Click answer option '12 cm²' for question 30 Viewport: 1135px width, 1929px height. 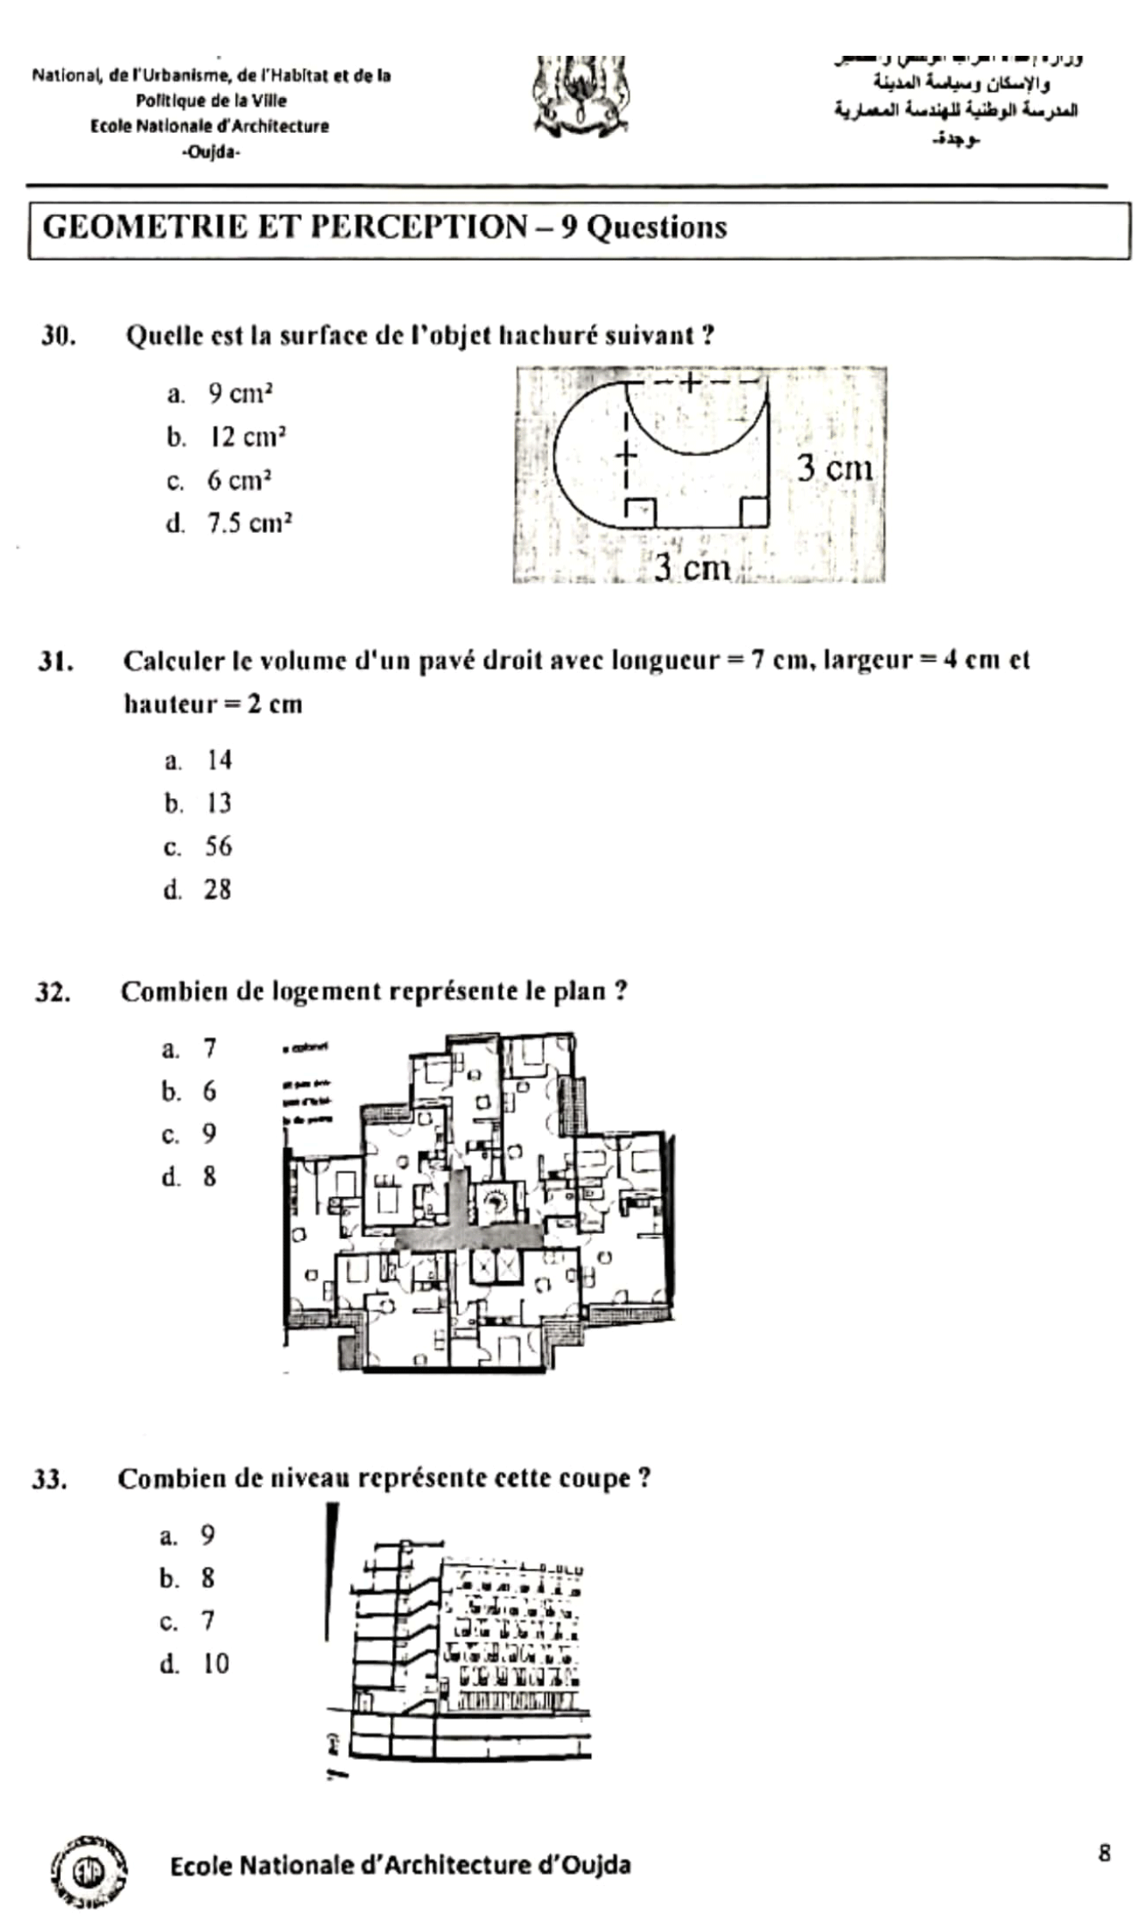click(247, 437)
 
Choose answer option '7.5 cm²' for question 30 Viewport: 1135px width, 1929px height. click(249, 523)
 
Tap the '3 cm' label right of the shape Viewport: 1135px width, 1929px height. click(835, 469)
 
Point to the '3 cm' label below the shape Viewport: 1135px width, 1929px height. click(691, 567)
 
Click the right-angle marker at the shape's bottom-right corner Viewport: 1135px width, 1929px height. click(753, 511)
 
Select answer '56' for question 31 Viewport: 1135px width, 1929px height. click(218, 847)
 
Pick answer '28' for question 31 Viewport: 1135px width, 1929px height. click(217, 890)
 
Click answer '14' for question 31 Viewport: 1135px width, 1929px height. click(219, 760)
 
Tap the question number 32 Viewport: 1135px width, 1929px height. click(52, 993)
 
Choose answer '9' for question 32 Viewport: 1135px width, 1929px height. click(209, 1134)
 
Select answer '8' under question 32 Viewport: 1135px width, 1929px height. click(209, 1177)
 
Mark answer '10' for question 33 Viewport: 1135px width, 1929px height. click(215, 1664)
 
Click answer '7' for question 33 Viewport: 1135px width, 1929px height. click(208, 1621)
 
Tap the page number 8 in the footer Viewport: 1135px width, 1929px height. click(1104, 1853)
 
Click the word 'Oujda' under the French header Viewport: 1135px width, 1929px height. click(211, 153)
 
